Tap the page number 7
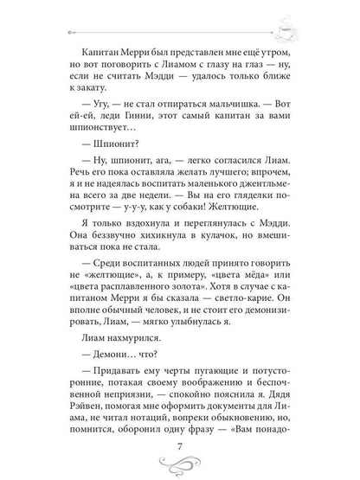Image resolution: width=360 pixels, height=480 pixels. pos(180,441)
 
